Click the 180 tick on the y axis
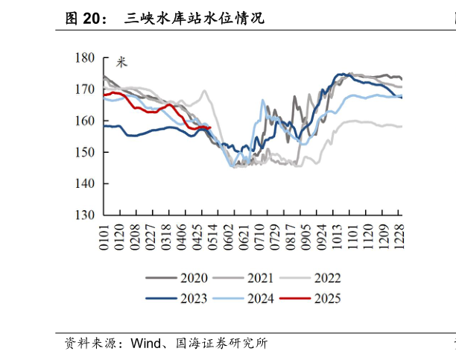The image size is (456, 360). [84, 57]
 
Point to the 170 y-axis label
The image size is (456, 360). [84, 89]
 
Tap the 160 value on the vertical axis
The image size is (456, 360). [84, 120]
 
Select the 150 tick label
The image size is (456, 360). [84, 152]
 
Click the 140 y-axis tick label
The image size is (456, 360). [84, 183]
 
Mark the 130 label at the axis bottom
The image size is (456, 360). [84, 215]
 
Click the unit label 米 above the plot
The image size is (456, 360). [121, 62]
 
